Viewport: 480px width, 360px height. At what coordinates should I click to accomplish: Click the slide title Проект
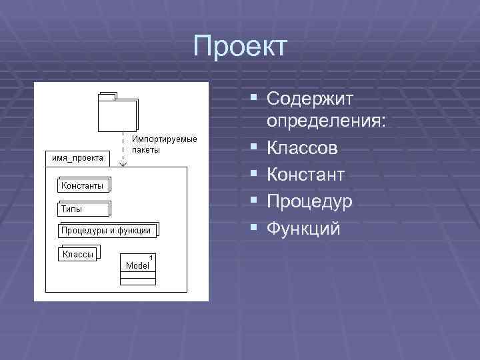click(x=240, y=47)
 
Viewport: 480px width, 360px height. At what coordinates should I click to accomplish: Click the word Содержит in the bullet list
click(x=310, y=99)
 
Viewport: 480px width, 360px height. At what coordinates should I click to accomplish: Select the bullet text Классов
click(x=302, y=149)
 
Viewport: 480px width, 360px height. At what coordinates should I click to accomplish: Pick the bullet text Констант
click(x=306, y=175)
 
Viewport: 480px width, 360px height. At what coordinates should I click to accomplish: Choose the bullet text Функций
click(x=303, y=229)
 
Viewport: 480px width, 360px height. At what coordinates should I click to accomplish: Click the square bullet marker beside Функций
click(x=253, y=228)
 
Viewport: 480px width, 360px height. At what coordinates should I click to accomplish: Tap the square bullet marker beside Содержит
click(x=253, y=99)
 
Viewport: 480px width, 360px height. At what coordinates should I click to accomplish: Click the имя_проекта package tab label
click(x=77, y=158)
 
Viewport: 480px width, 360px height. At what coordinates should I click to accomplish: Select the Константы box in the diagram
click(x=83, y=185)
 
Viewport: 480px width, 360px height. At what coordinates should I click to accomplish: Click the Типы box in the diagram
click(x=83, y=209)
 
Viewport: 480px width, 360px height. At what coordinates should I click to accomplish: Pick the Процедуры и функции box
click(x=107, y=231)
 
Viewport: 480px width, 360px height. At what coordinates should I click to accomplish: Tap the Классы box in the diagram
click(x=77, y=254)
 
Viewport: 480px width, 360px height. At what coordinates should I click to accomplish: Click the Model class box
click(x=138, y=270)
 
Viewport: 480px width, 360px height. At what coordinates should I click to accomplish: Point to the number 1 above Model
click(x=151, y=257)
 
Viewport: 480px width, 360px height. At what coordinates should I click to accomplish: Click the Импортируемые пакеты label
click(x=164, y=145)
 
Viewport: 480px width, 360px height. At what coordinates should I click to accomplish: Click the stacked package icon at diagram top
click(x=117, y=111)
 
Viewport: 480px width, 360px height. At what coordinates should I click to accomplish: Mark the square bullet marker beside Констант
click(x=253, y=175)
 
